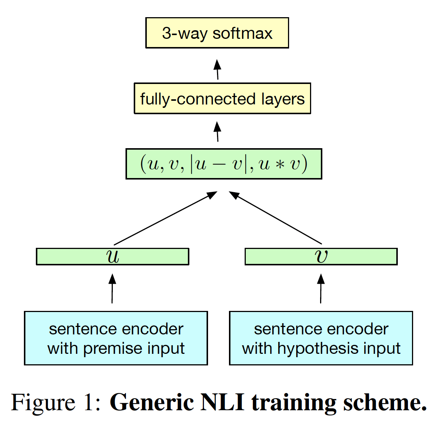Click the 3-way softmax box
click(217, 33)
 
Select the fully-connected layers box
click(222, 99)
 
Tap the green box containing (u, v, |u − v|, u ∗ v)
click(224, 164)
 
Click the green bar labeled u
click(112, 257)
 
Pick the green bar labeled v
click(321, 257)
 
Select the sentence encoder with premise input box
click(116, 338)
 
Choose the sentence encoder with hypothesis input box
click(321, 338)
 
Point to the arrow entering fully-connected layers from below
click(217, 131)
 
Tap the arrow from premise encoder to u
click(112, 289)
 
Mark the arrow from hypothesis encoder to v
click(321, 289)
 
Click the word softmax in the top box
click(242, 33)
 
